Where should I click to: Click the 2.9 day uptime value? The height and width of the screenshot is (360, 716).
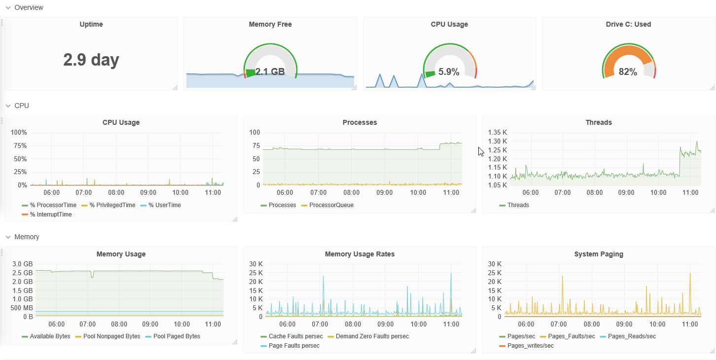click(x=91, y=60)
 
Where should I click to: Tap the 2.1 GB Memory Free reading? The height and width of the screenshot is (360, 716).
click(x=270, y=72)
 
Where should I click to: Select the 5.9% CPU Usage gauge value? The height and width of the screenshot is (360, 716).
click(x=449, y=72)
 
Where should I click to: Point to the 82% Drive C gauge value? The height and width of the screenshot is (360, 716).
click(x=628, y=72)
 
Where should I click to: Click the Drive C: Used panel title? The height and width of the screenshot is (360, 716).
click(x=628, y=24)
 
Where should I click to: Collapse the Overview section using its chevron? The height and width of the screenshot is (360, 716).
click(x=8, y=8)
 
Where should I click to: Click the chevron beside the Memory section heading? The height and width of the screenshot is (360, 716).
click(x=8, y=237)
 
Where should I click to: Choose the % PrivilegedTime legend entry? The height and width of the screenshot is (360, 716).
click(x=108, y=205)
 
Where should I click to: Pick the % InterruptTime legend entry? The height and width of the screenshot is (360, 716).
click(x=47, y=215)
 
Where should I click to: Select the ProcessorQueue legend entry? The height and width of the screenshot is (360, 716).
click(x=327, y=205)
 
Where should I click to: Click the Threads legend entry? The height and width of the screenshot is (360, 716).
click(x=514, y=205)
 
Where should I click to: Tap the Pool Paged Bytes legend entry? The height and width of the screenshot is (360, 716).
click(x=173, y=336)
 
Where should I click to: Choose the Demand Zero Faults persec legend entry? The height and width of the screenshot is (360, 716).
click(x=368, y=336)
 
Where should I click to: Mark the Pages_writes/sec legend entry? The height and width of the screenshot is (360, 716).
click(x=527, y=346)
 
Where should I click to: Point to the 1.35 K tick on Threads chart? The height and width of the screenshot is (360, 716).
click(x=498, y=132)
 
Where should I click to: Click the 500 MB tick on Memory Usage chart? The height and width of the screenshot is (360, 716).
click(x=22, y=308)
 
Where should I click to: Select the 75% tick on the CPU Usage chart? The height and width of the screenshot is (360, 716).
click(x=19, y=146)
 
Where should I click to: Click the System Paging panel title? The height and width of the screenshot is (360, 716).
click(x=599, y=254)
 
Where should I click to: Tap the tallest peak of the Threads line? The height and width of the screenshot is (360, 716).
click(x=697, y=142)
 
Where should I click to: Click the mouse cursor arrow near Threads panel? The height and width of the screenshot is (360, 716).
click(x=481, y=151)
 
